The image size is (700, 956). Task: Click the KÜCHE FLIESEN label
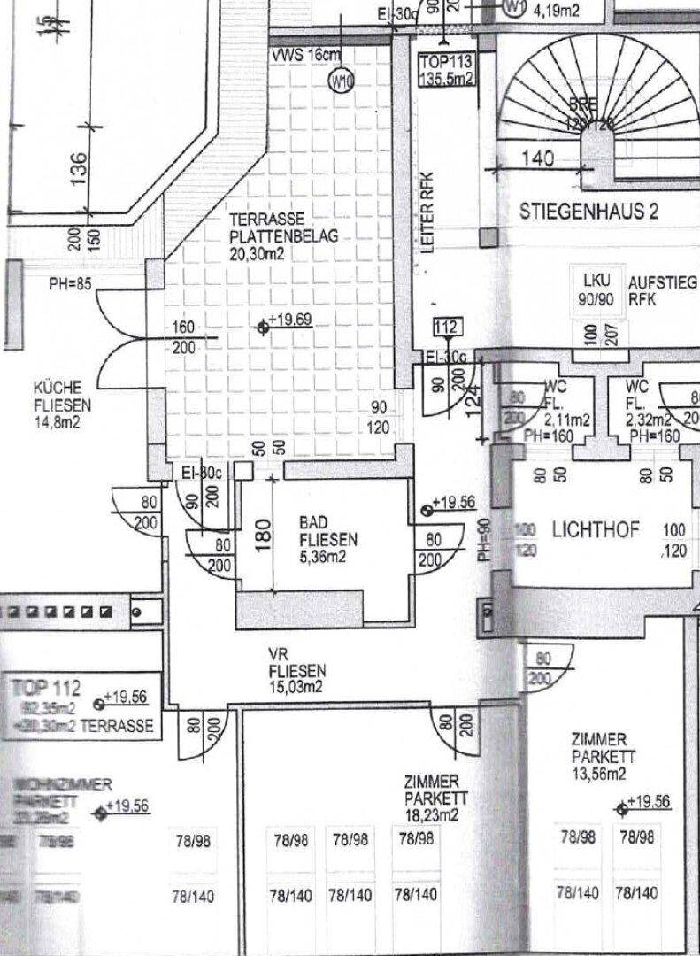(x=58, y=405)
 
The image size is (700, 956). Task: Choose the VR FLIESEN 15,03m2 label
(x=296, y=670)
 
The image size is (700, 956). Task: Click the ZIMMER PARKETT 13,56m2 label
(x=599, y=756)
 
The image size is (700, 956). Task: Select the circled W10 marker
(x=341, y=81)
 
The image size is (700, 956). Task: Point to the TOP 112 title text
(x=47, y=686)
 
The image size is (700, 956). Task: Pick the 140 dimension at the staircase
(x=537, y=159)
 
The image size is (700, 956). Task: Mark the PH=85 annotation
(x=71, y=285)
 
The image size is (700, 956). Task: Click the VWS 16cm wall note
(x=304, y=55)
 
